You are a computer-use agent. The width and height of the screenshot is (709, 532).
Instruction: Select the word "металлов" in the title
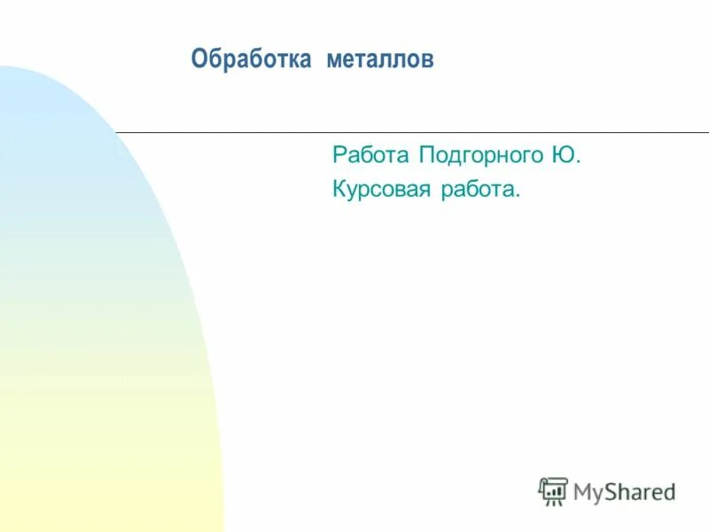(379, 61)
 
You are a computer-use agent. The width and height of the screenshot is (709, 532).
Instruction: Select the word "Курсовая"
(382, 188)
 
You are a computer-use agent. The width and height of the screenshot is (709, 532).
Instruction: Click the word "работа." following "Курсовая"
(480, 189)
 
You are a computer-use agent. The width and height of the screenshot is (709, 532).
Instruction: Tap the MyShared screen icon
(553, 491)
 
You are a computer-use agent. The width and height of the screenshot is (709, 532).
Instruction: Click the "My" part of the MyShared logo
(588, 491)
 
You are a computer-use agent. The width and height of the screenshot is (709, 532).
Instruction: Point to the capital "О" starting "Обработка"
(199, 60)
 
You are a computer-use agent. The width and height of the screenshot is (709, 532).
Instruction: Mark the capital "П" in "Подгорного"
(425, 155)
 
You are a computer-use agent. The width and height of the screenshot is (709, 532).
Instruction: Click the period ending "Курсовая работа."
(518, 195)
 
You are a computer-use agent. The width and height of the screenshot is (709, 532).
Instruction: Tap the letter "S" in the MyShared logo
(612, 490)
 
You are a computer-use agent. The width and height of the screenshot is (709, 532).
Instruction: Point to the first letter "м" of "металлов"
(333, 62)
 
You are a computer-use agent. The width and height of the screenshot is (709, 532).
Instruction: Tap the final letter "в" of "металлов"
(428, 62)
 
